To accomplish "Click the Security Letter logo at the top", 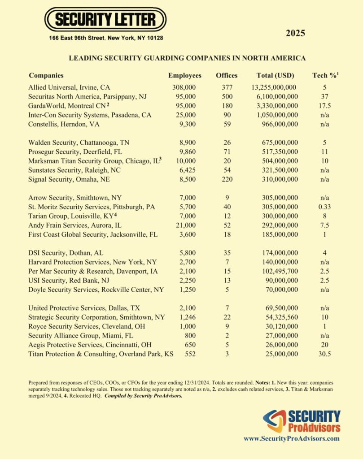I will (105, 19).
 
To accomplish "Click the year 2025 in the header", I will (295, 33).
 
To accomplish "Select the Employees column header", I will (185, 75).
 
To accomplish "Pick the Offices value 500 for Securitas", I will (227, 97).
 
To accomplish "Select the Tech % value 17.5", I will (324, 106).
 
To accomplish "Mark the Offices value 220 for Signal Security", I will (227, 179).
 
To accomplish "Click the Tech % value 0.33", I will (324, 207).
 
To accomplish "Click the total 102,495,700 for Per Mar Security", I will (278, 271).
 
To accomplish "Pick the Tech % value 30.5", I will (324, 354).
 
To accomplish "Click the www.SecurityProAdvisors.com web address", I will (291, 439).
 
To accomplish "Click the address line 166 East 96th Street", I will (106, 38).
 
